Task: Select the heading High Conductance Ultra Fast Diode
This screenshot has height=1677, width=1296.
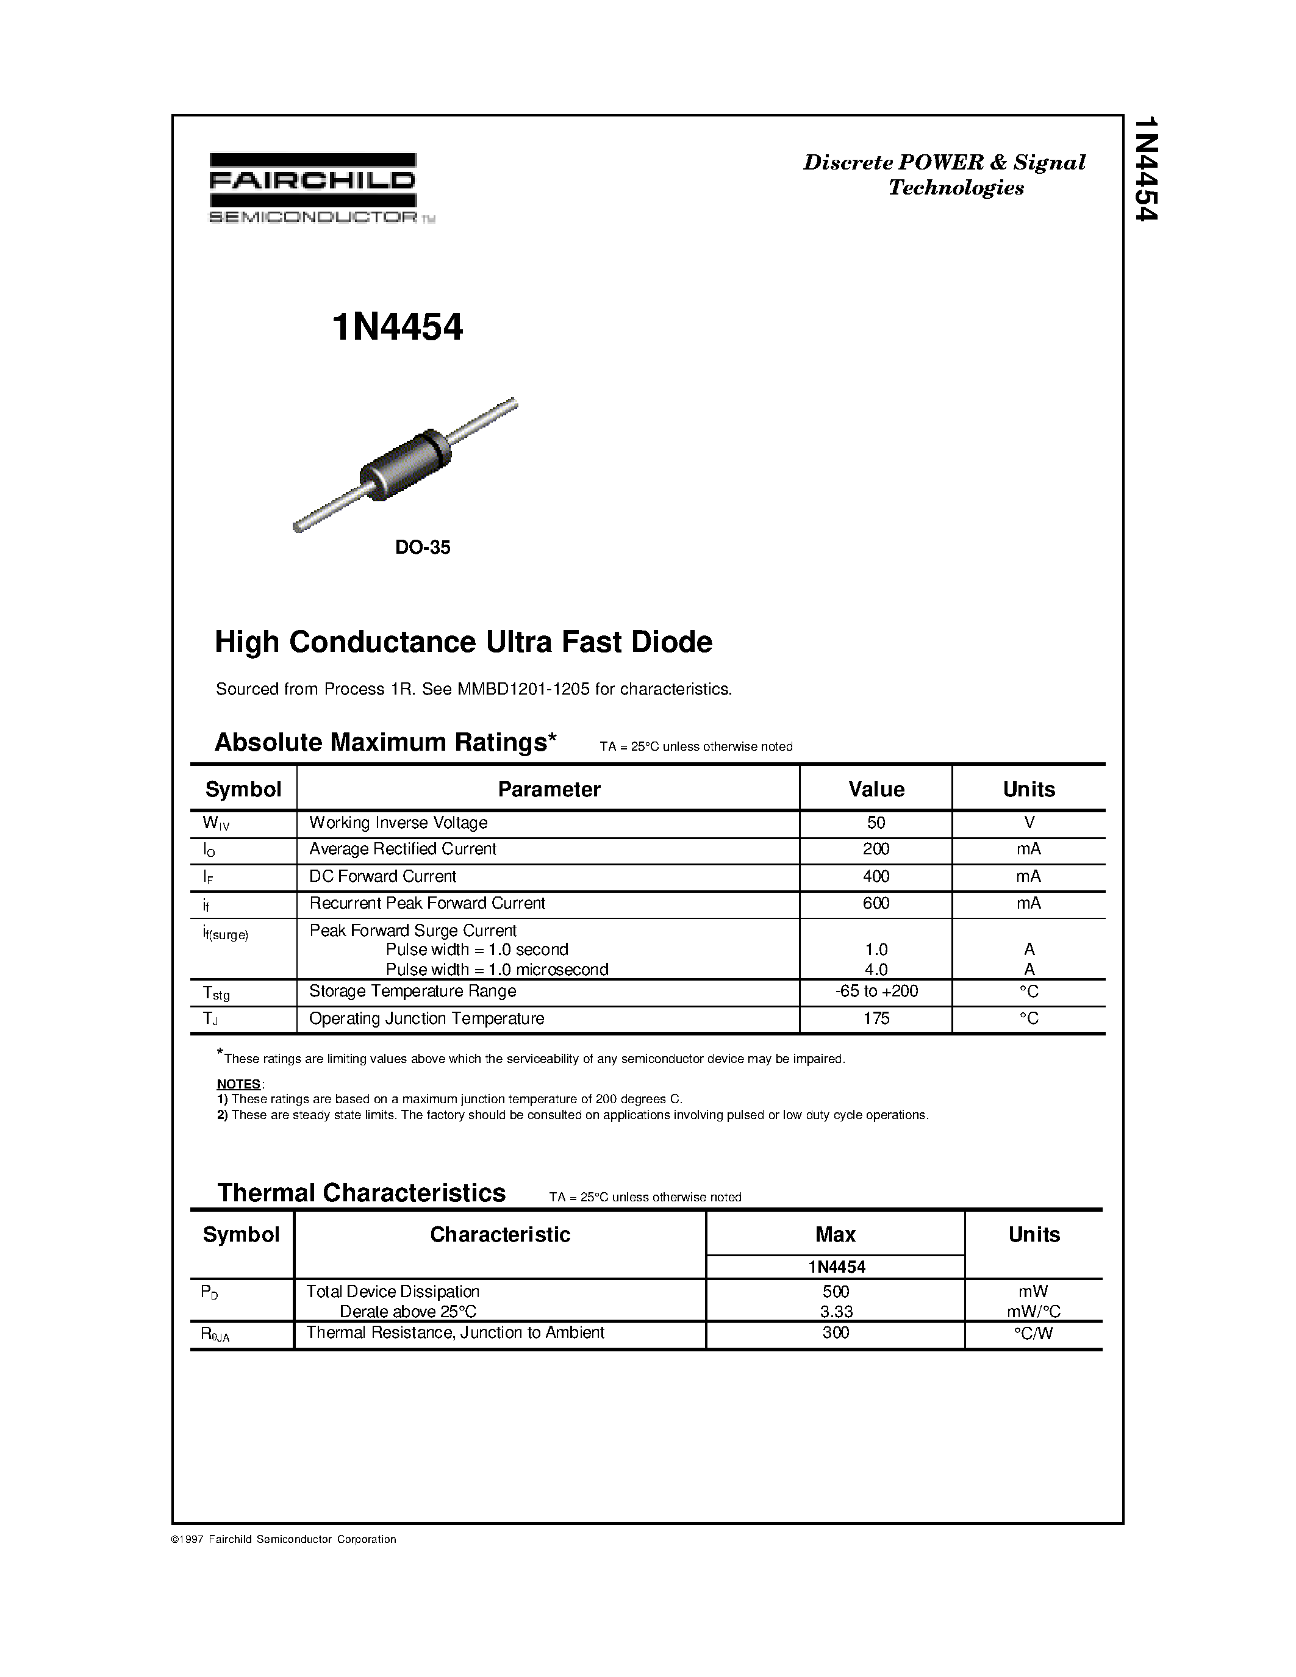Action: click(463, 642)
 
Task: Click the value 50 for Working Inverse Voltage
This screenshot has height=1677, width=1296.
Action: click(875, 823)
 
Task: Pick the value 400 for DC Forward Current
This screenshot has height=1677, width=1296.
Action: click(875, 876)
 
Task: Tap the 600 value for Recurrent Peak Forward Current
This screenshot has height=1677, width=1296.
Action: click(875, 903)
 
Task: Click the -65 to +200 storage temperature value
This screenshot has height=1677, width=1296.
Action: click(875, 992)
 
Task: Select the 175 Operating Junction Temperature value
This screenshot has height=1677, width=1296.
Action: click(875, 1018)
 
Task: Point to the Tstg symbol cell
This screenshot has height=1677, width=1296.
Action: click(217, 993)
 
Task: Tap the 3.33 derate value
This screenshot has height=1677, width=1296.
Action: click(836, 1312)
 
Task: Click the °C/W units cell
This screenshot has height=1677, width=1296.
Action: click(1033, 1333)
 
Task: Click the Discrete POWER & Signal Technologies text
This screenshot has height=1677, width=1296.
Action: click(944, 174)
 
